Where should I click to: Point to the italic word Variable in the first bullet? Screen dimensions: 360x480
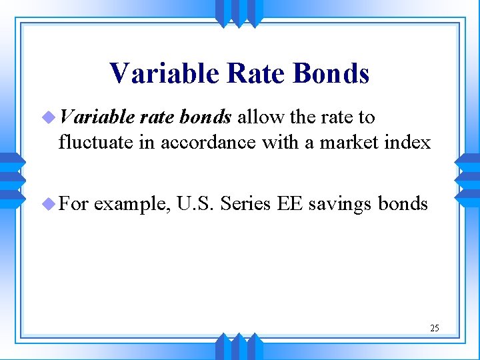click(x=96, y=117)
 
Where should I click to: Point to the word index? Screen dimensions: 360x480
click(x=408, y=142)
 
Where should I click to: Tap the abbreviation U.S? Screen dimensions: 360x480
click(x=194, y=203)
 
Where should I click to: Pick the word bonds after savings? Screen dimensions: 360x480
click(x=403, y=203)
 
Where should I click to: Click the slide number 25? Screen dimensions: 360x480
click(x=435, y=328)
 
